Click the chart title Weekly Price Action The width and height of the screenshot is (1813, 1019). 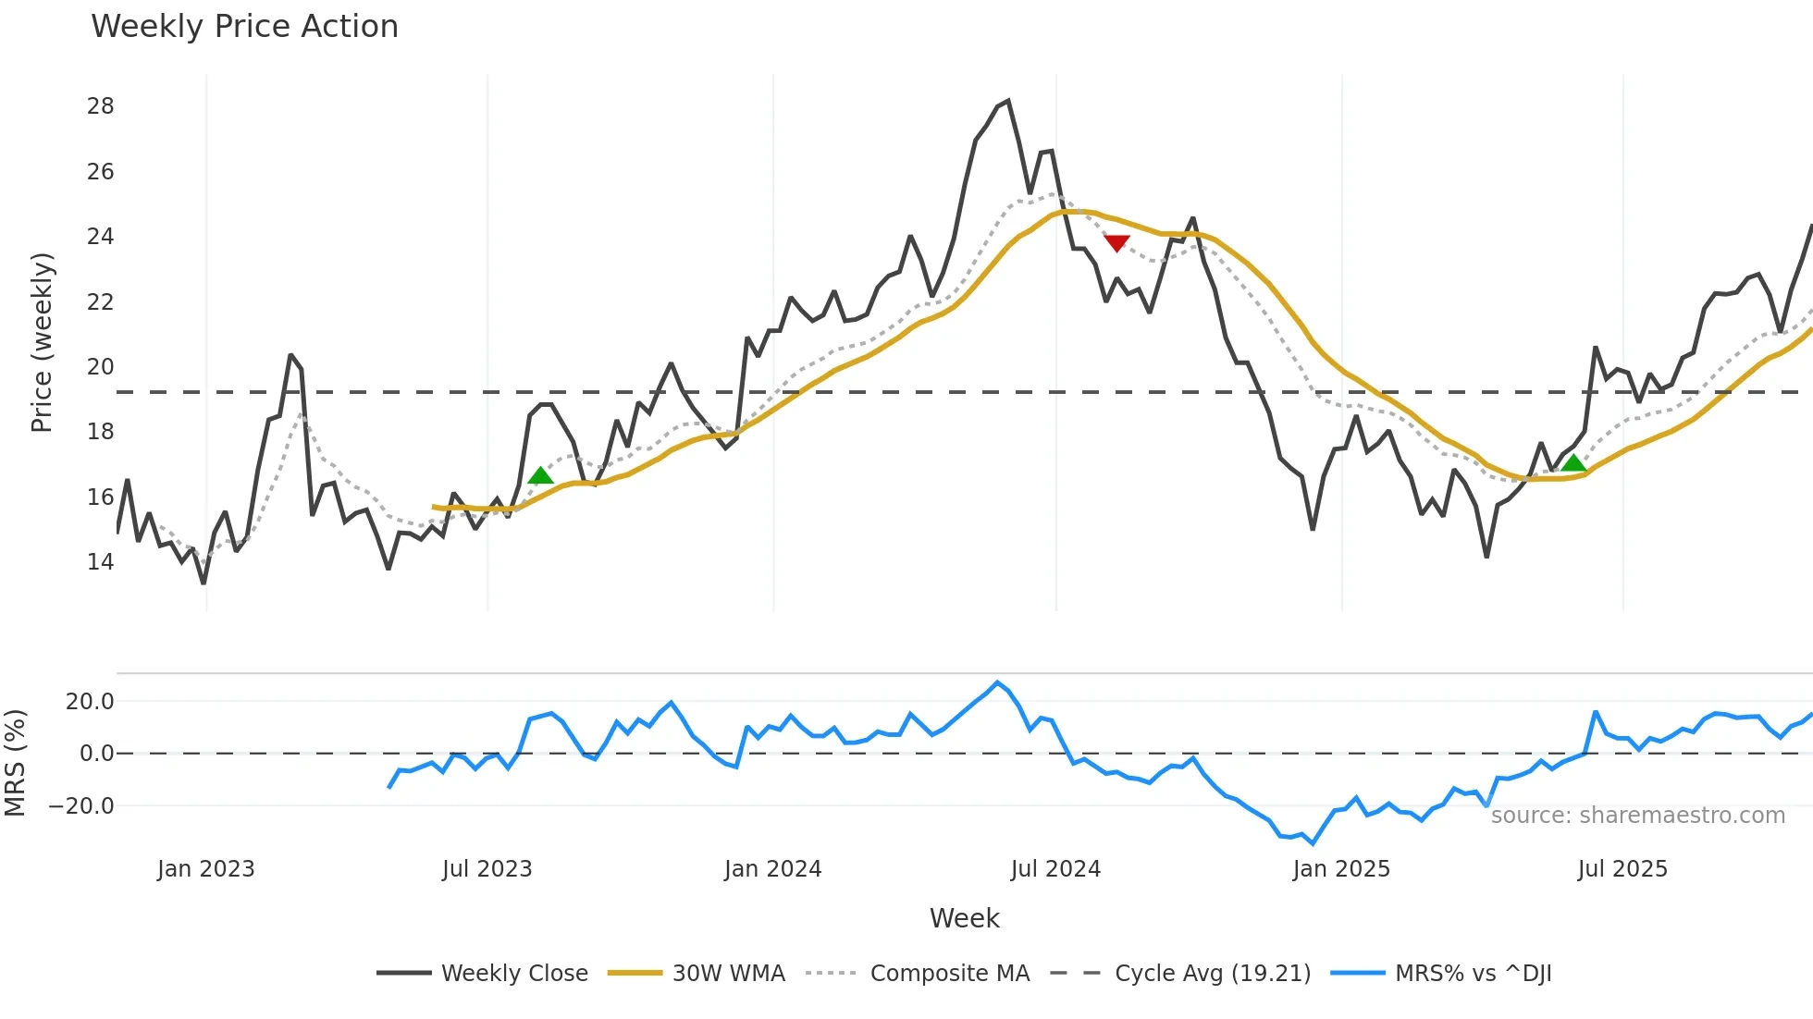(244, 27)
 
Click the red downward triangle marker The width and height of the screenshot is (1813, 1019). (1116, 243)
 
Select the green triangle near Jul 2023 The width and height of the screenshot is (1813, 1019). (540, 475)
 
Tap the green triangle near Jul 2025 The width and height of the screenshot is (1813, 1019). (1573, 462)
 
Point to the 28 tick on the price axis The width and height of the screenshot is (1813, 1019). (100, 106)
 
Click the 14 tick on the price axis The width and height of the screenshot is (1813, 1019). (100, 562)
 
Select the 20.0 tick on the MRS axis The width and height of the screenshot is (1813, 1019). (90, 702)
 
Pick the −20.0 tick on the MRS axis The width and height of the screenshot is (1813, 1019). (81, 806)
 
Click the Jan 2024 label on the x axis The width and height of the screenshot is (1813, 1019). (772, 869)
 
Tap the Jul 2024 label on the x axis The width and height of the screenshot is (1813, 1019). (1055, 869)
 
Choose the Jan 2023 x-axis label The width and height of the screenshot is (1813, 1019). (205, 869)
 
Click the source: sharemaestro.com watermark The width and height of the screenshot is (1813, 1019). (1637, 816)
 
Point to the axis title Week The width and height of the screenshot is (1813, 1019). (964, 918)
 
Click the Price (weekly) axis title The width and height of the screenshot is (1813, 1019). (42, 342)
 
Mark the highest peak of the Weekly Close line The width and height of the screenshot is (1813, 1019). (1007, 101)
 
